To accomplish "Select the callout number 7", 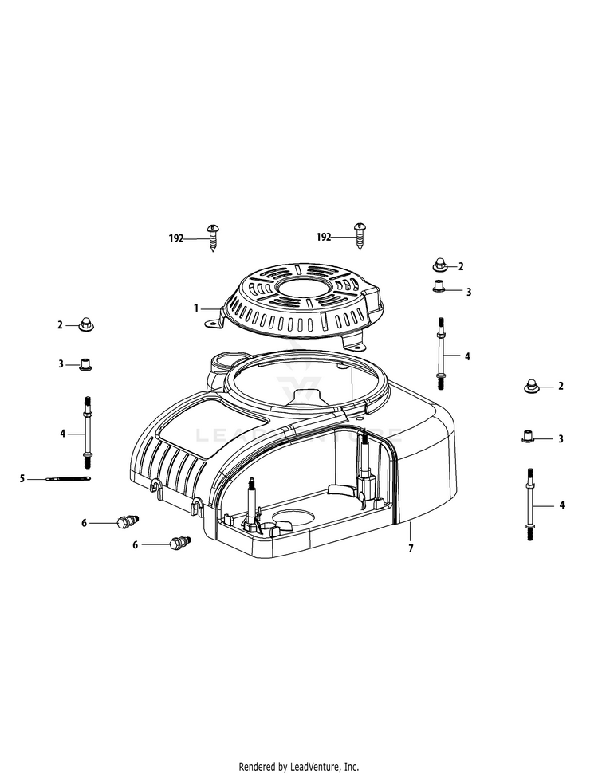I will click(411, 548).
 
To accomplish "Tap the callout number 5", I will click(22, 478).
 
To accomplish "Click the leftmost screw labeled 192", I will click(213, 237).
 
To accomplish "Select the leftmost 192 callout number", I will click(176, 238).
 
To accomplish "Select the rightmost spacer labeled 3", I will click(527, 437).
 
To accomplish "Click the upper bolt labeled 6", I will click(125, 522).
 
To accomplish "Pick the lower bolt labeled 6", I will click(179, 544).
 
